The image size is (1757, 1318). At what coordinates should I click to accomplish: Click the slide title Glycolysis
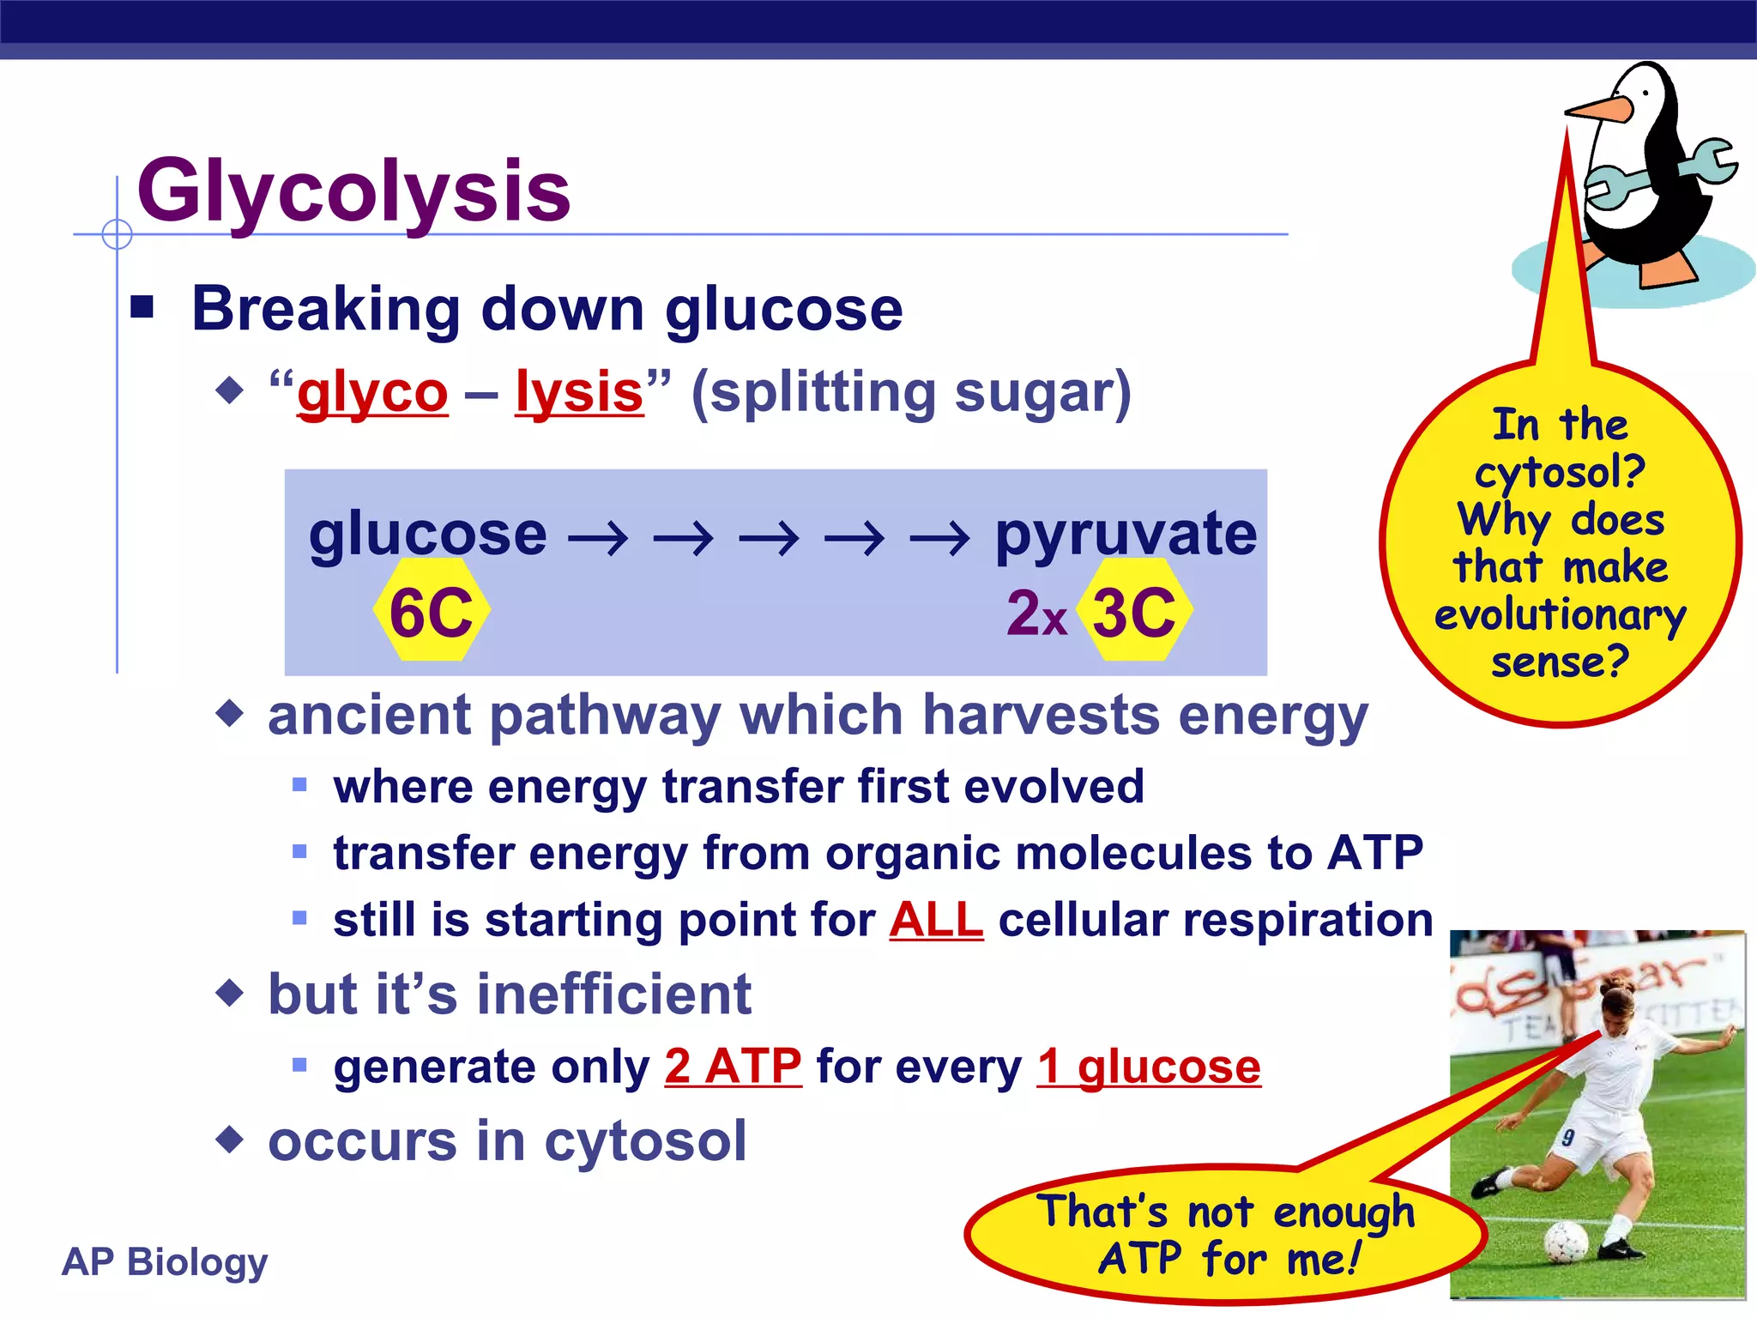point(353,190)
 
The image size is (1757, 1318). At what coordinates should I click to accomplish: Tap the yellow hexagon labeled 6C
point(432,612)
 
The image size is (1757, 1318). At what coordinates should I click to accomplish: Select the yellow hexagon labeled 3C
point(1134,612)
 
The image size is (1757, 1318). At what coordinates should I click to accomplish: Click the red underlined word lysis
point(579,393)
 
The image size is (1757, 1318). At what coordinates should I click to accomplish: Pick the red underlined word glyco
point(372,393)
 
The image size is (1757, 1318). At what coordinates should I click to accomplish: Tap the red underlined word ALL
point(936,921)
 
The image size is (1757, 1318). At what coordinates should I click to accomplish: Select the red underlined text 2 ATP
point(733,1067)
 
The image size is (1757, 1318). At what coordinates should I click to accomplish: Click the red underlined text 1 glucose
point(1149,1067)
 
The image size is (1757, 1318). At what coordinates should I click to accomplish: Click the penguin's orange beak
point(1597,110)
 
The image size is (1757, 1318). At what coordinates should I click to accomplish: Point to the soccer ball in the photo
point(1567,1240)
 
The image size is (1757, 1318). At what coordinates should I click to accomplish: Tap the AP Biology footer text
point(165,1261)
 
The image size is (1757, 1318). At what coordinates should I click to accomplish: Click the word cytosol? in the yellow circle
point(1560,472)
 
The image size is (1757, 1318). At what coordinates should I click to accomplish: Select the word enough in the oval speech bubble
point(1343,1212)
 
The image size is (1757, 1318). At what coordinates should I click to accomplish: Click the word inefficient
point(613,995)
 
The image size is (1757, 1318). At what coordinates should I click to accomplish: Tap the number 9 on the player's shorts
point(1567,1138)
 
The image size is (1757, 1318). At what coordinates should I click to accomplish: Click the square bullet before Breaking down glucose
point(142,307)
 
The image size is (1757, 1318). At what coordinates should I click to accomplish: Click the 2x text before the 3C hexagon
point(1036,614)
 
